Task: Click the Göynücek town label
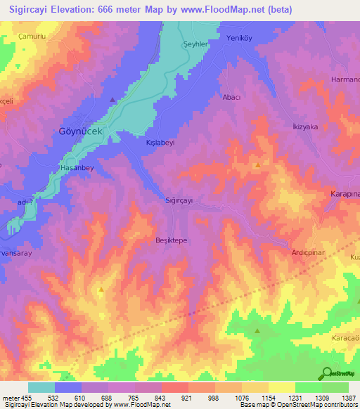[x=79, y=131]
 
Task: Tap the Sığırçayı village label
[x=179, y=200]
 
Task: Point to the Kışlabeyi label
[x=159, y=141]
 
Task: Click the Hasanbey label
[x=77, y=169]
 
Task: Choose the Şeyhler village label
[x=196, y=43]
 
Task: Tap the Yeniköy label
[x=239, y=39]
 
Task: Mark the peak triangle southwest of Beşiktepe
[x=101, y=289]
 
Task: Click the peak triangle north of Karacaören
[x=257, y=330]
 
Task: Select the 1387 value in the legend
[x=348, y=398]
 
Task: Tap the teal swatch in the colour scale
[x=41, y=387]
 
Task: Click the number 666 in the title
[x=127, y=9]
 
